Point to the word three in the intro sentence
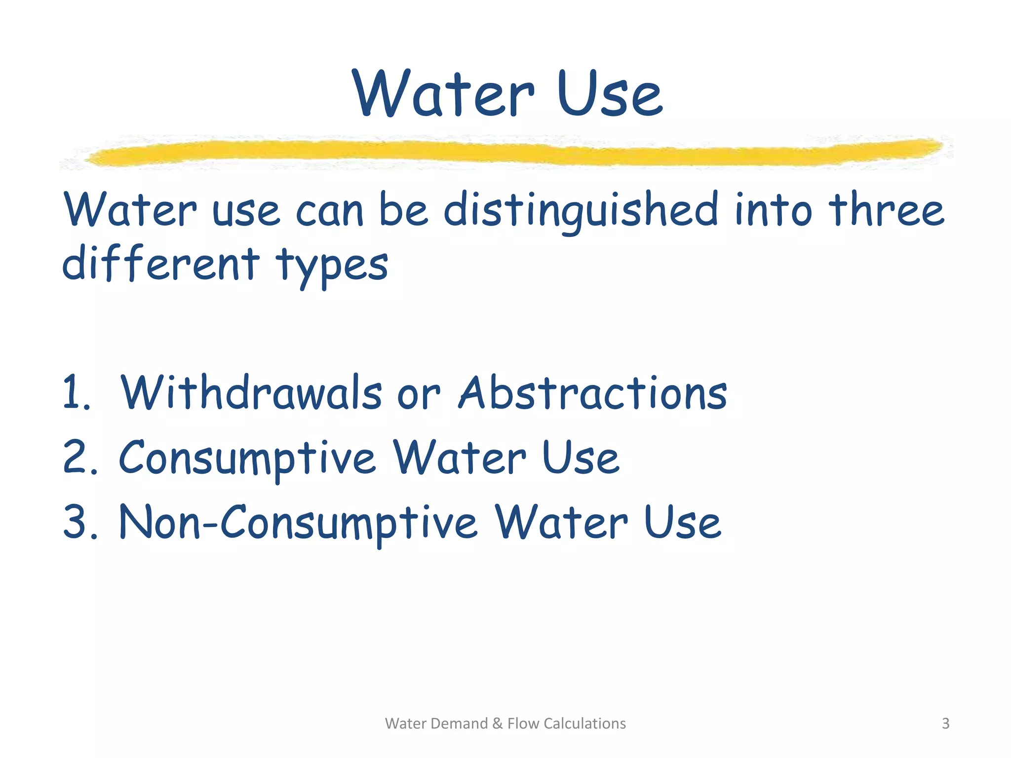886,210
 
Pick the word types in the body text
332,266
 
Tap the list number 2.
79,457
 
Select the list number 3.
79,522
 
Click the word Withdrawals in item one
251,393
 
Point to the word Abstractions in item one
593,393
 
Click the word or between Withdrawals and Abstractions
419,395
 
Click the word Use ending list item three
682,522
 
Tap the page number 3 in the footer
945,723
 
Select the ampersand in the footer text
497,723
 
